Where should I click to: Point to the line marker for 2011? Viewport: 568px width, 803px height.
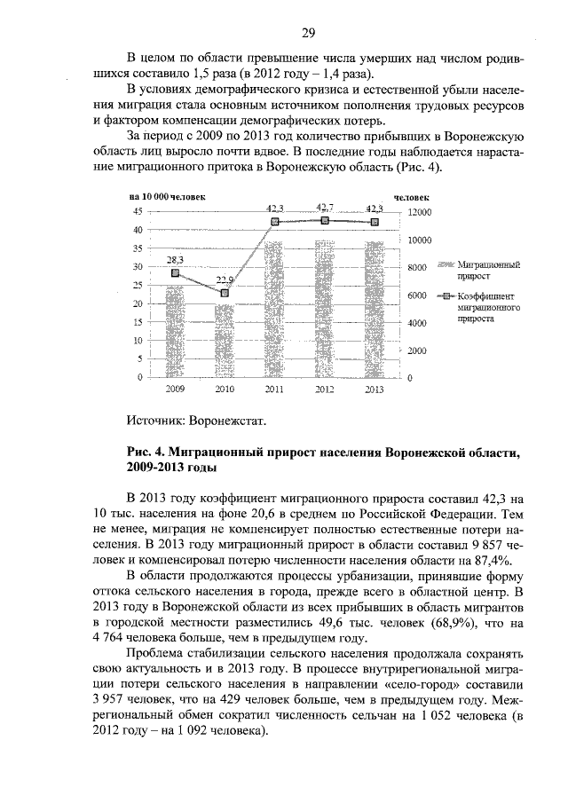click(x=275, y=222)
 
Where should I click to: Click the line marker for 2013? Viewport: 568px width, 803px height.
click(x=375, y=222)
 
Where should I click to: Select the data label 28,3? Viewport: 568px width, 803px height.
click(x=175, y=259)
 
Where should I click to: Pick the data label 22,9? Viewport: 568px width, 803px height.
click(x=225, y=279)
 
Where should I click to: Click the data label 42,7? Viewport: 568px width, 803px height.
click(x=325, y=208)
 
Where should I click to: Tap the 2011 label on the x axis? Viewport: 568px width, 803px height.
click(x=275, y=390)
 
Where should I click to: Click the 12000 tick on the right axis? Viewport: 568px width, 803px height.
click(x=419, y=212)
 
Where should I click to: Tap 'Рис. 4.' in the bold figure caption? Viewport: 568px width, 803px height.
click(x=146, y=453)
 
